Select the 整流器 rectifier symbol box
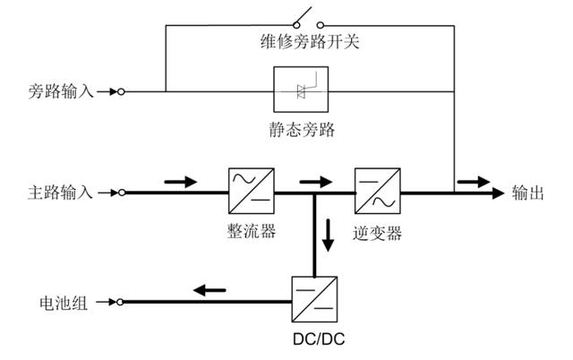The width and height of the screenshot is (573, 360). (x=251, y=191)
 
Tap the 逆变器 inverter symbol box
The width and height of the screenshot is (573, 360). (x=377, y=191)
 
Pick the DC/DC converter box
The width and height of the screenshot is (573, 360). (x=314, y=300)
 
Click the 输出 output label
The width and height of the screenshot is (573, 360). (x=529, y=192)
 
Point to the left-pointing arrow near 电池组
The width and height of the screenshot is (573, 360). (x=211, y=289)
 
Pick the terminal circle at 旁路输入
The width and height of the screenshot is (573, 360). (x=121, y=91)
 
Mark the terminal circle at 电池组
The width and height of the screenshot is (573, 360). (x=121, y=301)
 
